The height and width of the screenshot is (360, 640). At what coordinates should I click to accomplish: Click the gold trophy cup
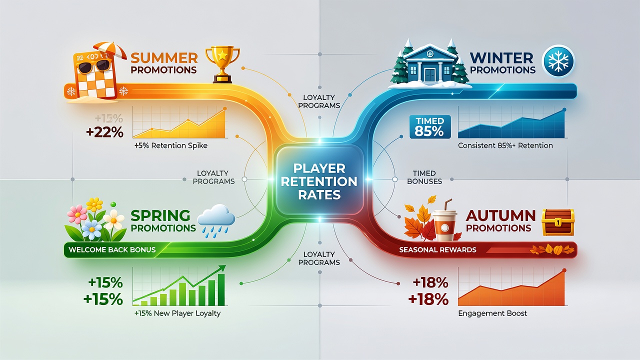coord(222,65)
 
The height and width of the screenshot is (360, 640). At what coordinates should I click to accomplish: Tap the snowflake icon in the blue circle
coord(558,61)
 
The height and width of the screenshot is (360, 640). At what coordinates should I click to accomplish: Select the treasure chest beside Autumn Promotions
coord(558,222)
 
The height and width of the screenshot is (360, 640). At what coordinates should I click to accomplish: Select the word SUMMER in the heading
coord(164,58)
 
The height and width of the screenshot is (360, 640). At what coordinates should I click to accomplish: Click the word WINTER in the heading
coord(501,58)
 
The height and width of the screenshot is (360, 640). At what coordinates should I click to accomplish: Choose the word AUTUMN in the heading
coord(500,215)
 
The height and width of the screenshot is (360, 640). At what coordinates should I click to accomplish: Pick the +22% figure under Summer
coord(104,132)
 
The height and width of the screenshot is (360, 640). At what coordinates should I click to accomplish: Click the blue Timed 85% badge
coord(430,127)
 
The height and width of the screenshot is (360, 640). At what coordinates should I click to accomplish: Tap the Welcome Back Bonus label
coord(112,249)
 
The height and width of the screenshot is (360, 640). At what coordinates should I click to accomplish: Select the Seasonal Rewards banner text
coord(437,249)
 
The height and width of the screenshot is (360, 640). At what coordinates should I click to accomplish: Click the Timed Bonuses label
coord(424,177)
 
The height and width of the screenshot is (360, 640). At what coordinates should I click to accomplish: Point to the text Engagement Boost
coord(492,313)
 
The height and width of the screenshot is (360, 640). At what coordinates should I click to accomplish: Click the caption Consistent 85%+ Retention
coord(505,145)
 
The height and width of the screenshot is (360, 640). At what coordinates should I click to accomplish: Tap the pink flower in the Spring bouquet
coord(77,214)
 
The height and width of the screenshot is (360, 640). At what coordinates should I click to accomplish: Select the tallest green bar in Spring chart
coord(221,289)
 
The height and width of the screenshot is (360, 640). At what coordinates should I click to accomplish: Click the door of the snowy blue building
coord(429,74)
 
